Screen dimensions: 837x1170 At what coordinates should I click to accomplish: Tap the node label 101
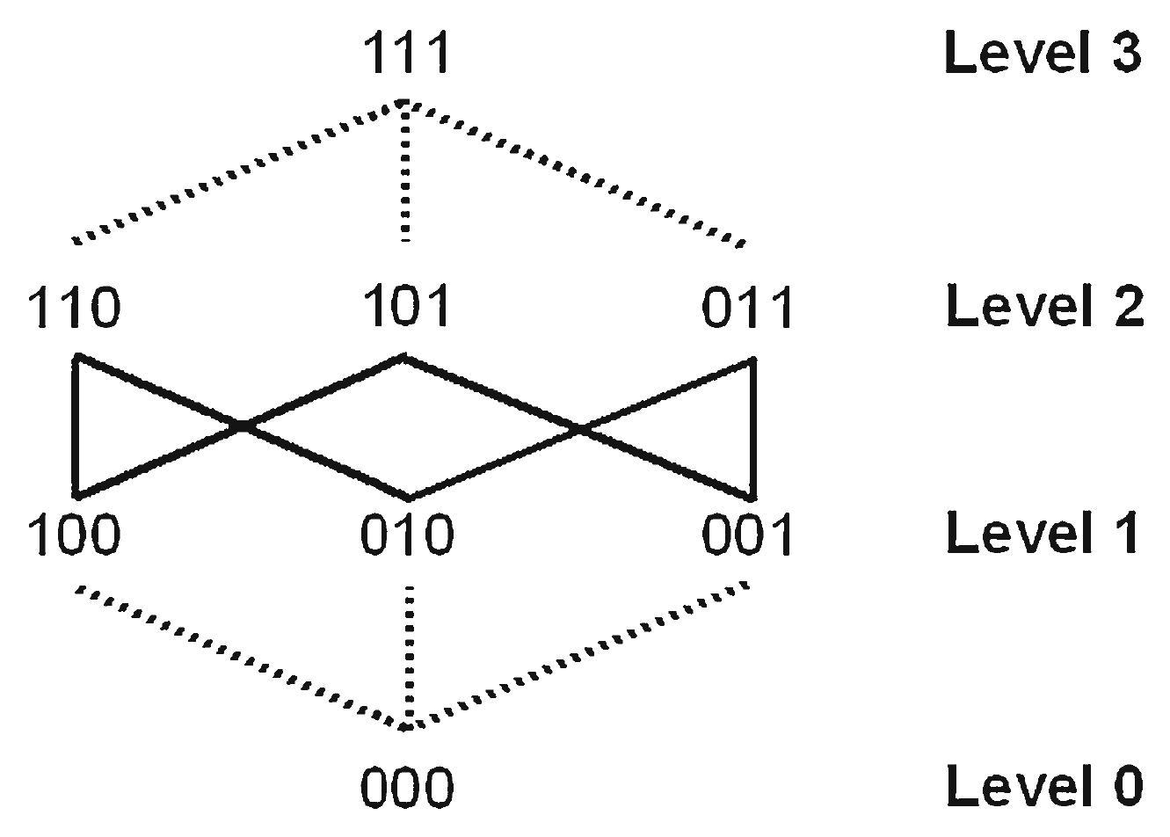click(x=405, y=306)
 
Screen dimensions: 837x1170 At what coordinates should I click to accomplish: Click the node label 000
click(x=407, y=787)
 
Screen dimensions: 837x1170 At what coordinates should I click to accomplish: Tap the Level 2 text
click(x=1044, y=307)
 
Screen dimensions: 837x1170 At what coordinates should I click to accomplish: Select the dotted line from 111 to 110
click(x=237, y=171)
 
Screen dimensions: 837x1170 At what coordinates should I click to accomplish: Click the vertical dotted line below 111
click(x=404, y=171)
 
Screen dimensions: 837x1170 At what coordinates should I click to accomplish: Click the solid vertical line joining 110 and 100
click(x=76, y=426)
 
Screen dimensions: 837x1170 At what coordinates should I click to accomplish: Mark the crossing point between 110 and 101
click(x=241, y=426)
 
